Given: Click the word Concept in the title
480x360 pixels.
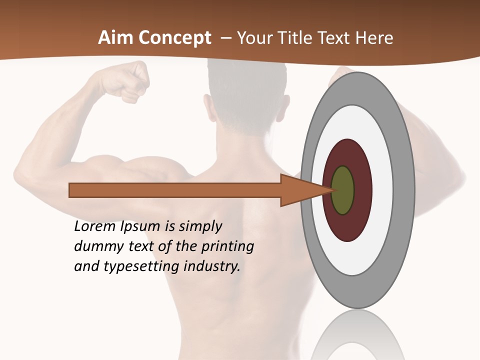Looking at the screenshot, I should tap(174, 38).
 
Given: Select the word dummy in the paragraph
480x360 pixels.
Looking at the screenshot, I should tap(93, 246).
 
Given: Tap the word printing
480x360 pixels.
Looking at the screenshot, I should tap(227, 246).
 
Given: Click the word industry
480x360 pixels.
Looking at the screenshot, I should tap(212, 266).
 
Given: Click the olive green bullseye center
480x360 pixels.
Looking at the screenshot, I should tap(343, 190).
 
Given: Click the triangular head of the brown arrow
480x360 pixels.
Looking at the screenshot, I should tap(300, 190).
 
